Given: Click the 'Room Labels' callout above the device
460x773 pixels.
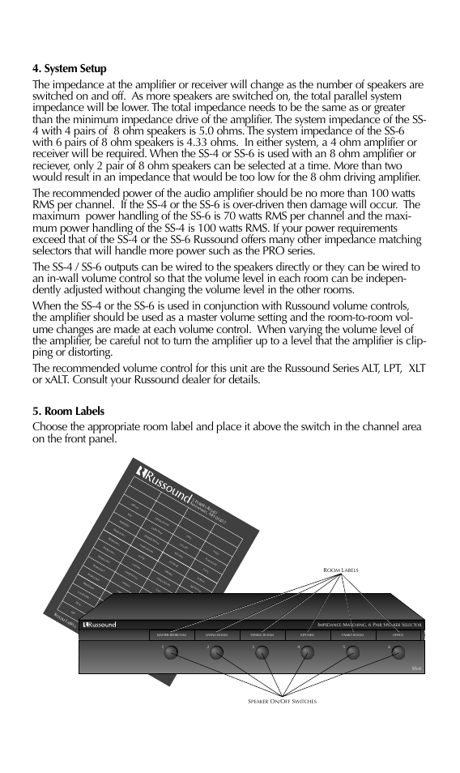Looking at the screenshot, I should click(x=341, y=570).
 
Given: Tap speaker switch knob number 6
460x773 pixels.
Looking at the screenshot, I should click(x=396, y=653).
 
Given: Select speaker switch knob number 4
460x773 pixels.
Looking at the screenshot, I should click(x=306, y=653).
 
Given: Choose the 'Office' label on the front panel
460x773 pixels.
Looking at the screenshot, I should click(x=397, y=635).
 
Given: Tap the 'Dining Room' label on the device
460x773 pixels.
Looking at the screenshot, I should click(x=262, y=635).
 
